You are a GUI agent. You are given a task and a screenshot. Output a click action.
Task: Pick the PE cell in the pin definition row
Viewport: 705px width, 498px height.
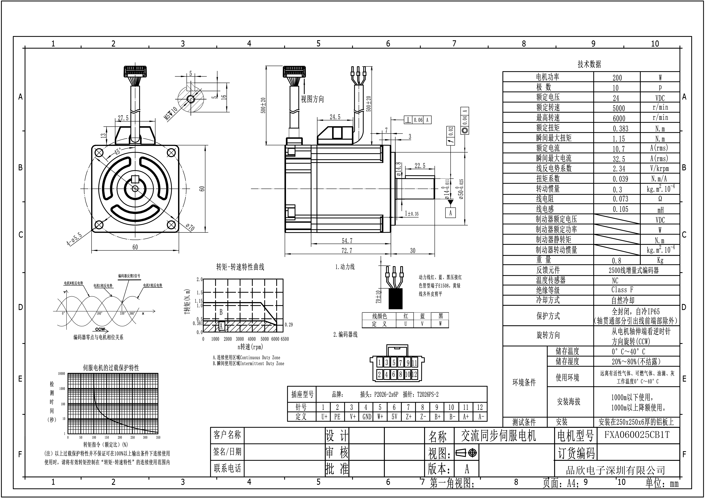[337, 417]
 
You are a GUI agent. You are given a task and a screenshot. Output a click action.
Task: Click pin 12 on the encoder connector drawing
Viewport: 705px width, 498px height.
[415, 374]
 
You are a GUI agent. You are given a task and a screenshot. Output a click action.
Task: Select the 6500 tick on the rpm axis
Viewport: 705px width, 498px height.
[285, 339]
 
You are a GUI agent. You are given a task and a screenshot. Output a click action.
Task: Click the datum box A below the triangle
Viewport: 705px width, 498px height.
[450, 213]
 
